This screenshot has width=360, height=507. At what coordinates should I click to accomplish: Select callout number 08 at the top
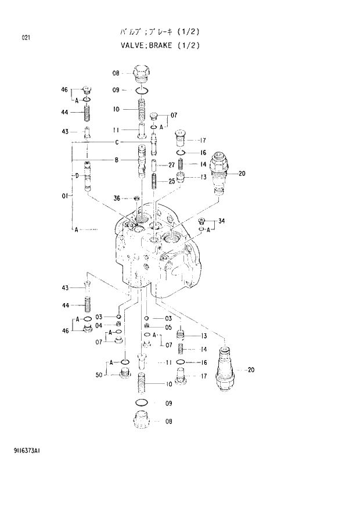coord(116,73)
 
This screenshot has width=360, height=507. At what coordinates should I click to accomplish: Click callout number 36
coord(116,199)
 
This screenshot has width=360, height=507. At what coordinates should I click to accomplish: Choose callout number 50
coord(99,375)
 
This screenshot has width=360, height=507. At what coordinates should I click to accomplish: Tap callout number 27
coord(171,165)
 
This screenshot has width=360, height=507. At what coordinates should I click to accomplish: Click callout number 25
coord(172,182)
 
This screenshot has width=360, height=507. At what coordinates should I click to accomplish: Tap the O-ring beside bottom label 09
coord(142,402)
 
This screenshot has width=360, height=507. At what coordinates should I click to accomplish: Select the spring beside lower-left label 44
coord(89,305)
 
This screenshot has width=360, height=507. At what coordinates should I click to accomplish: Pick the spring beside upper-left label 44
coord(88,110)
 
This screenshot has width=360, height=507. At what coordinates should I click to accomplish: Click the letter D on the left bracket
coord(76,175)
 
